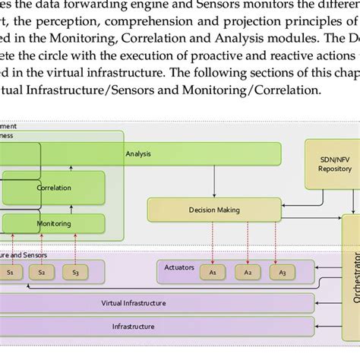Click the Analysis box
[138, 154]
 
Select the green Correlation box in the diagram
[53, 188]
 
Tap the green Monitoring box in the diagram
[53, 223]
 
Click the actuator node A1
[213, 271]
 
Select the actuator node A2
[248, 271]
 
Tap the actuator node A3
[283, 271]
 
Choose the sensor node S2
[42, 271]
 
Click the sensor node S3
[75, 271]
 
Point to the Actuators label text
[179, 267]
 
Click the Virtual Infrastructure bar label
[133, 302]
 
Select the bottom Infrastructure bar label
[133, 327]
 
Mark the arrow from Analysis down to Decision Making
[213, 182]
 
